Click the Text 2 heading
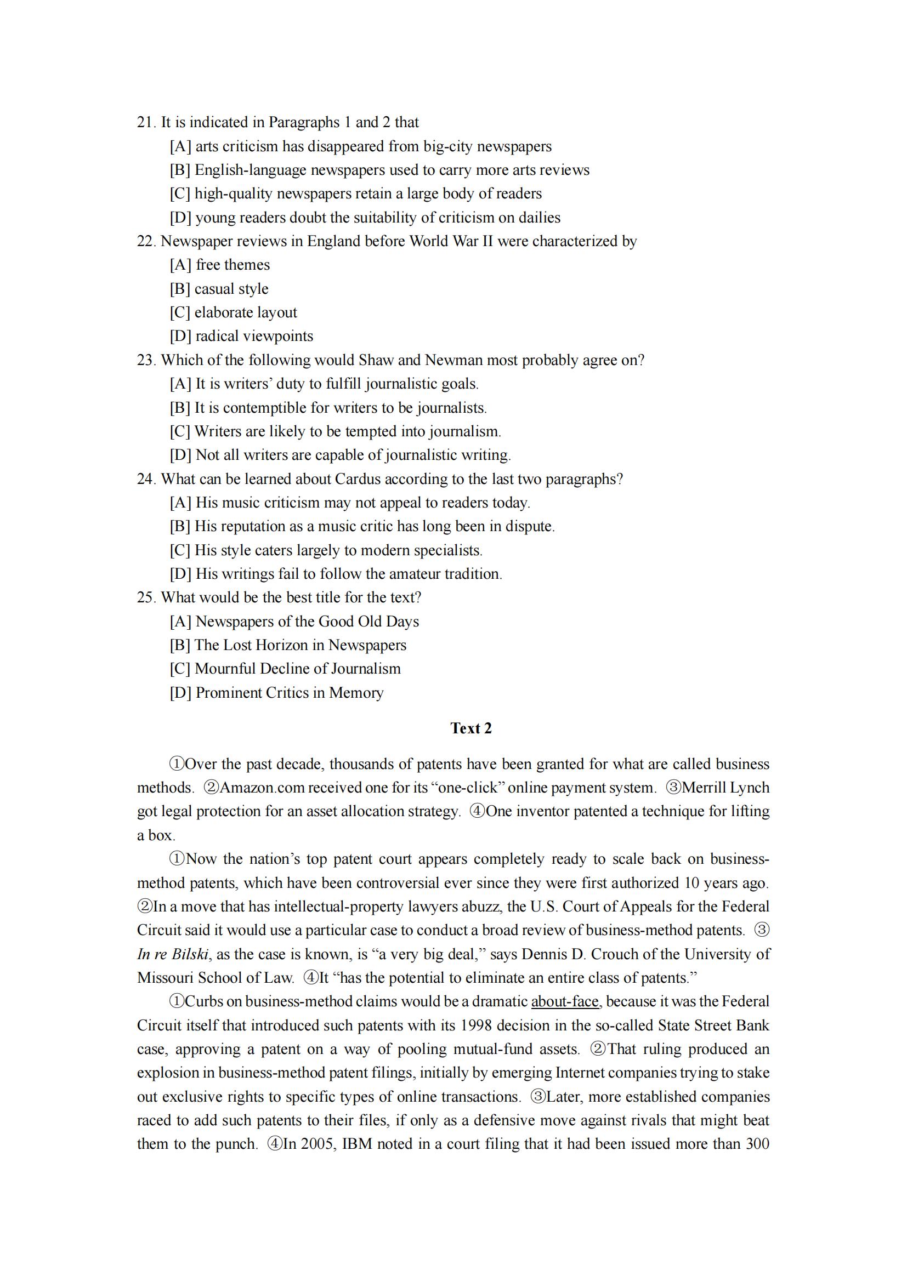click(x=471, y=728)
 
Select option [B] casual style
click(x=219, y=289)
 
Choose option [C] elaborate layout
click(x=234, y=312)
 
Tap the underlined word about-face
click(x=565, y=1001)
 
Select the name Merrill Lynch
click(x=725, y=787)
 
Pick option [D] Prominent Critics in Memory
click(x=276, y=692)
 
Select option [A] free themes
click(x=219, y=265)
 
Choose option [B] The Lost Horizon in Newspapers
click(x=288, y=645)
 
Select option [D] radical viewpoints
click(x=241, y=336)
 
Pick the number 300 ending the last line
click(x=757, y=1143)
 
